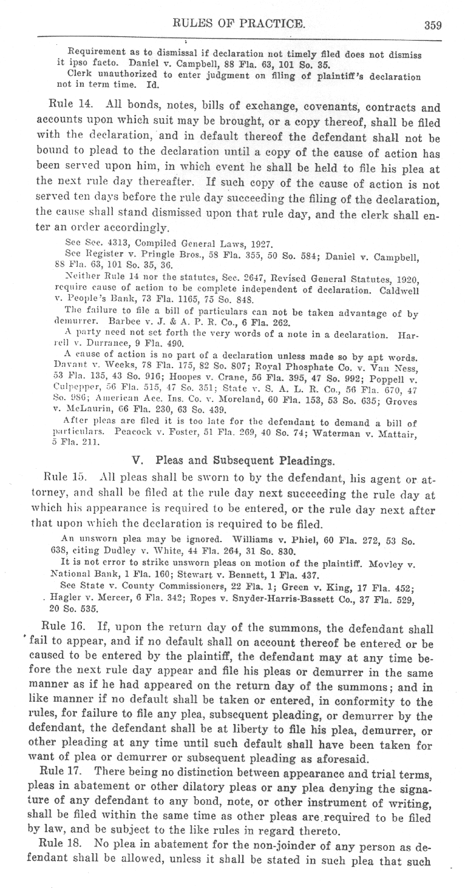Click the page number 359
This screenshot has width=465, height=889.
click(433, 25)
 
